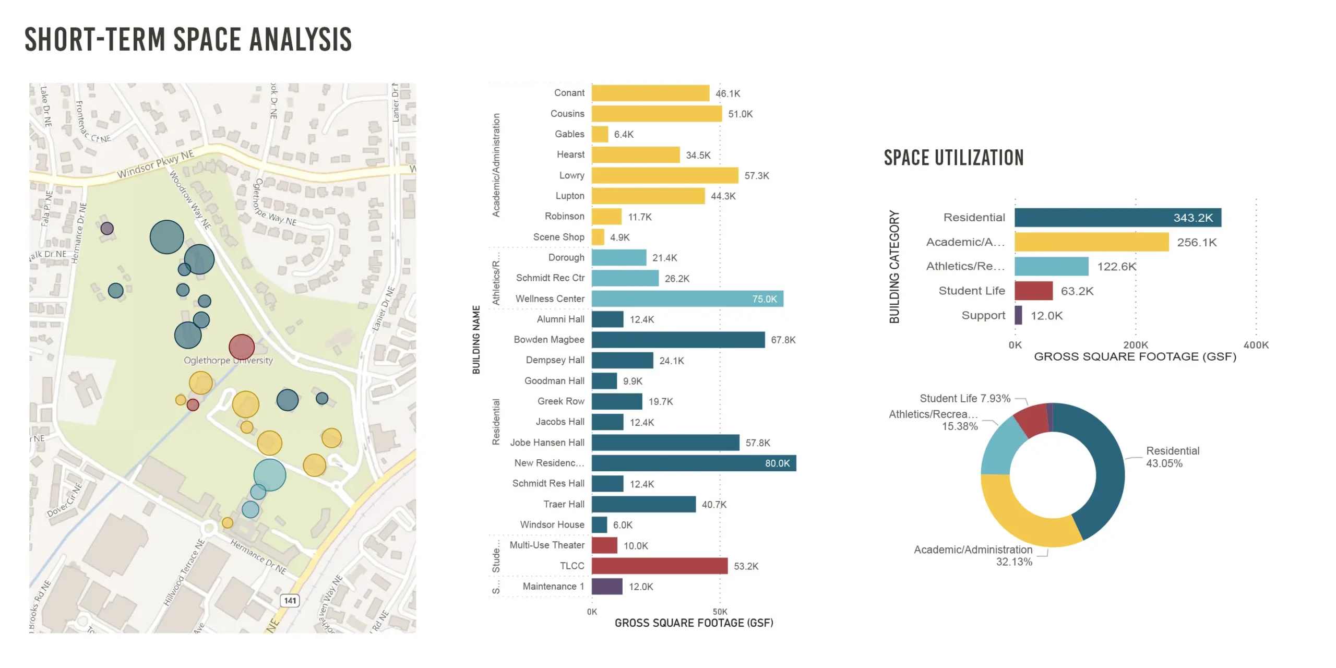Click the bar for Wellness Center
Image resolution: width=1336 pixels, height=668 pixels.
pyautogui.click(x=687, y=299)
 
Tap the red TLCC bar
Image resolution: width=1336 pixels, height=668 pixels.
pyautogui.click(x=659, y=566)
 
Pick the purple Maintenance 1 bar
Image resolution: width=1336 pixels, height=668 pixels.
pyautogui.click(x=606, y=587)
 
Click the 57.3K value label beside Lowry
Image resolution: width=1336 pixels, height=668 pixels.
pyautogui.click(x=756, y=176)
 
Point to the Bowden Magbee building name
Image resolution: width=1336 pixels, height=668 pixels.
pyautogui.click(x=548, y=340)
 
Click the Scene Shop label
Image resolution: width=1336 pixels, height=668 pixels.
pyautogui.click(x=558, y=237)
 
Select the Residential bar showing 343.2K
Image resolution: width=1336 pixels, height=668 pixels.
pyautogui.click(x=1117, y=218)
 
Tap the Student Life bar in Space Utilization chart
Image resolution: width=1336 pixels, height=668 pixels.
pyautogui.click(x=1033, y=291)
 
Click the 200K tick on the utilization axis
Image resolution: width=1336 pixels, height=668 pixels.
pyautogui.click(x=1135, y=345)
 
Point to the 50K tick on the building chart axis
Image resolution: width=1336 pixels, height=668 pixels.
pyautogui.click(x=720, y=612)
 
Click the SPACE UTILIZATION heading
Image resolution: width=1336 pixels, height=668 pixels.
pyautogui.click(x=953, y=158)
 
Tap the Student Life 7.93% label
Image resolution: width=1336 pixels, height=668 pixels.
pyautogui.click(x=964, y=399)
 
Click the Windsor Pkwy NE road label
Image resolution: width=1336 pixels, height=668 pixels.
pyautogui.click(x=155, y=164)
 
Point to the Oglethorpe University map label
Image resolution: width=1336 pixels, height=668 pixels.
pyautogui.click(x=228, y=361)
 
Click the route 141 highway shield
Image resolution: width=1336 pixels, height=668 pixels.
pyautogui.click(x=290, y=600)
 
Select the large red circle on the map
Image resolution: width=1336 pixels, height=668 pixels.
pyautogui.click(x=242, y=347)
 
